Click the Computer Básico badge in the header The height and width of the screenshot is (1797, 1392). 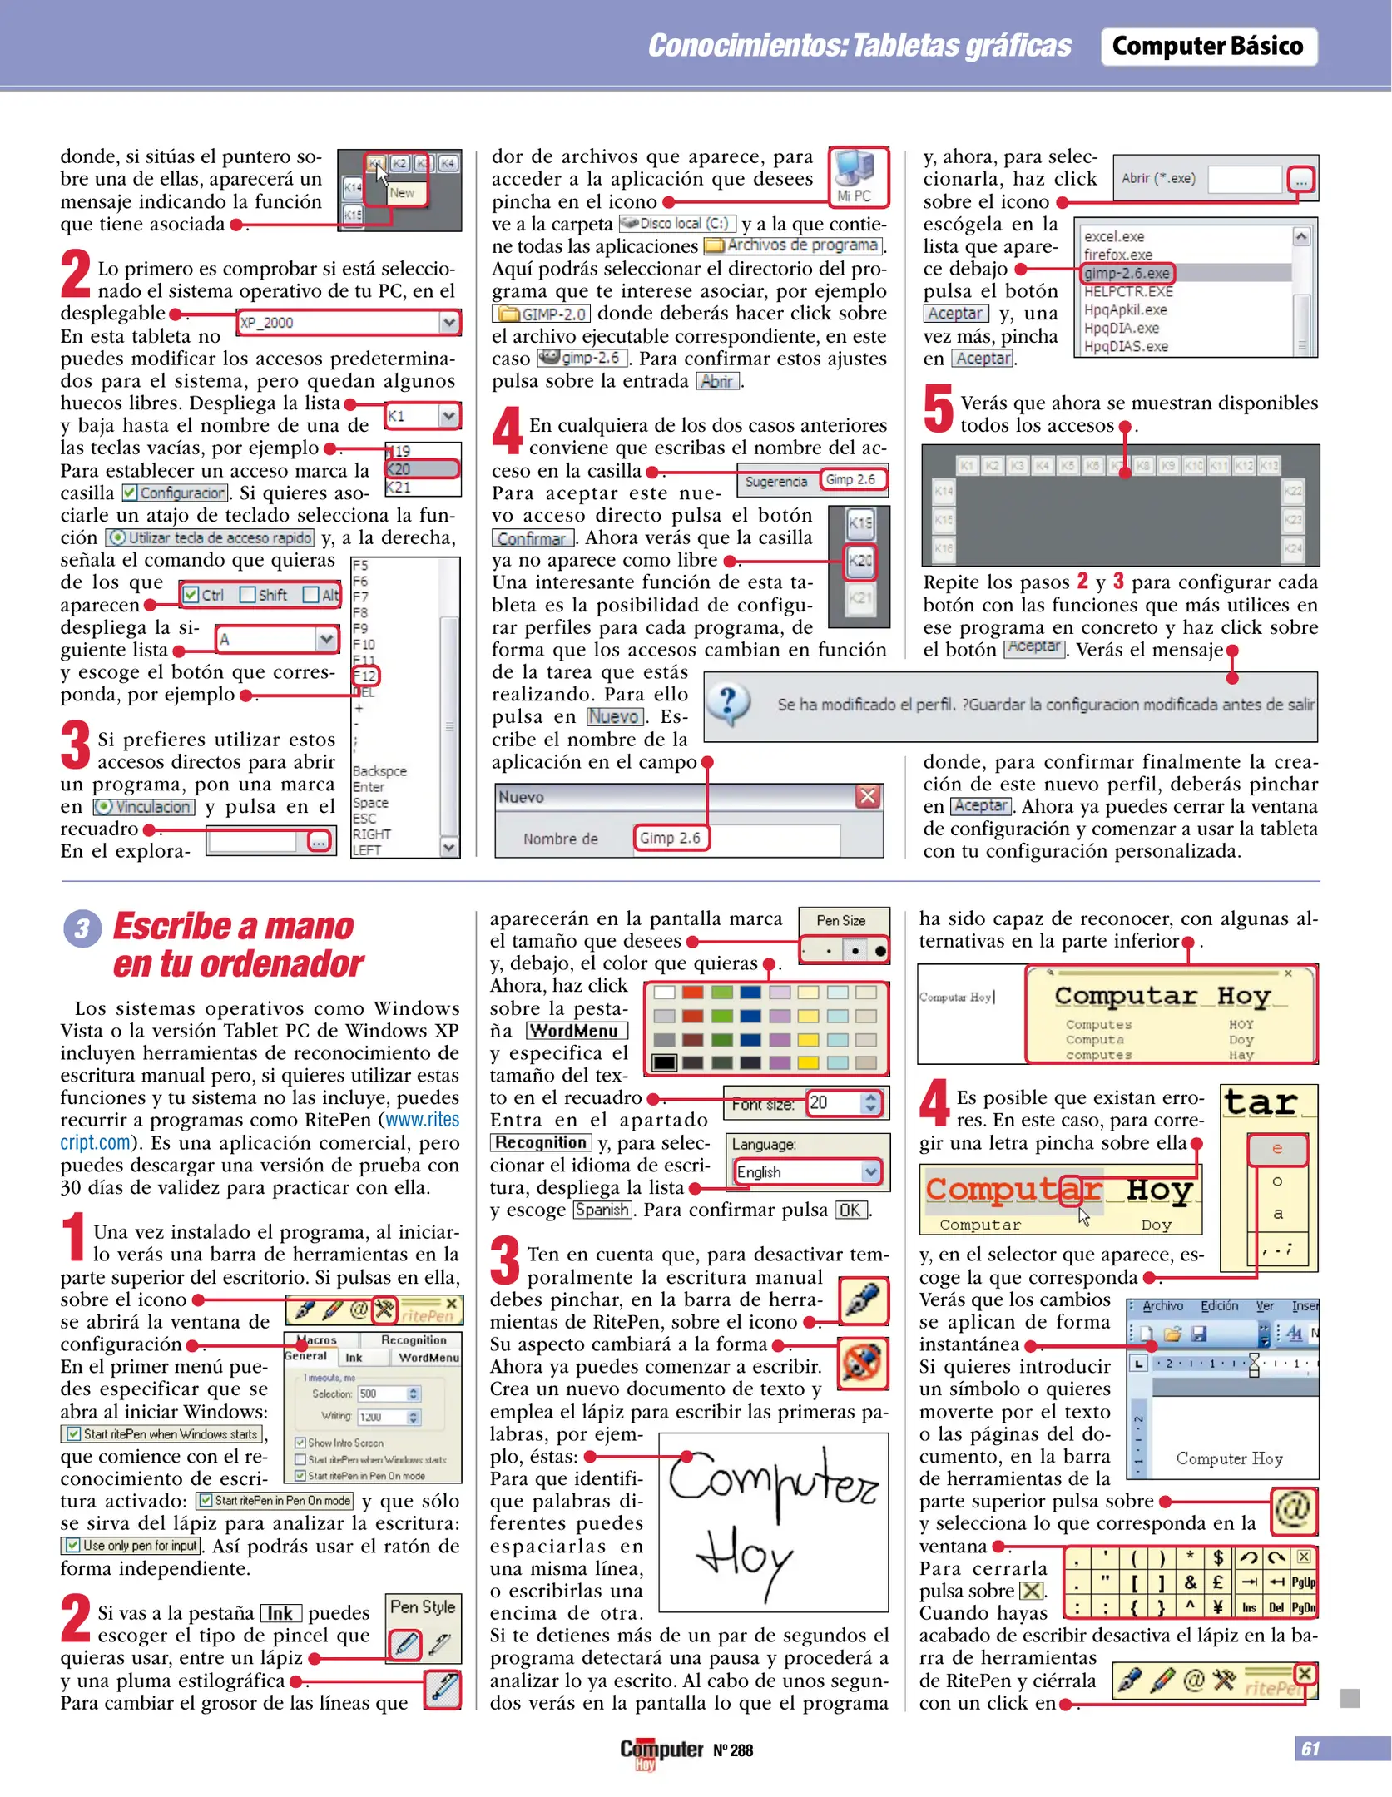[1207, 47]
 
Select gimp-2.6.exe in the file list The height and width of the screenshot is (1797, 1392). [1127, 273]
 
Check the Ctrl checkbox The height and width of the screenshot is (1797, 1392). [192, 595]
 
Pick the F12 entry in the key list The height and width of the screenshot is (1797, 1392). [365, 676]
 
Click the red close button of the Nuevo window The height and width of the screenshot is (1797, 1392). [867, 796]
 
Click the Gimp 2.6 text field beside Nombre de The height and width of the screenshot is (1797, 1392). [671, 838]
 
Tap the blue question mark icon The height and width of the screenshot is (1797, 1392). [729, 704]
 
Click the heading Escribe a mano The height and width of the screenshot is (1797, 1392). [234, 926]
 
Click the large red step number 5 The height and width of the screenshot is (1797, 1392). [938, 408]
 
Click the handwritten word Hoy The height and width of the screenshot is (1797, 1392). [746, 1562]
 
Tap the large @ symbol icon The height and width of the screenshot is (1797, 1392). [1293, 1509]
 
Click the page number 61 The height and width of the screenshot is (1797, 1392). [1310, 1749]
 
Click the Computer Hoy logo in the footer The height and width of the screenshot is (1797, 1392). [661, 1750]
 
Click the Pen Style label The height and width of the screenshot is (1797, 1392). [423, 1606]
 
